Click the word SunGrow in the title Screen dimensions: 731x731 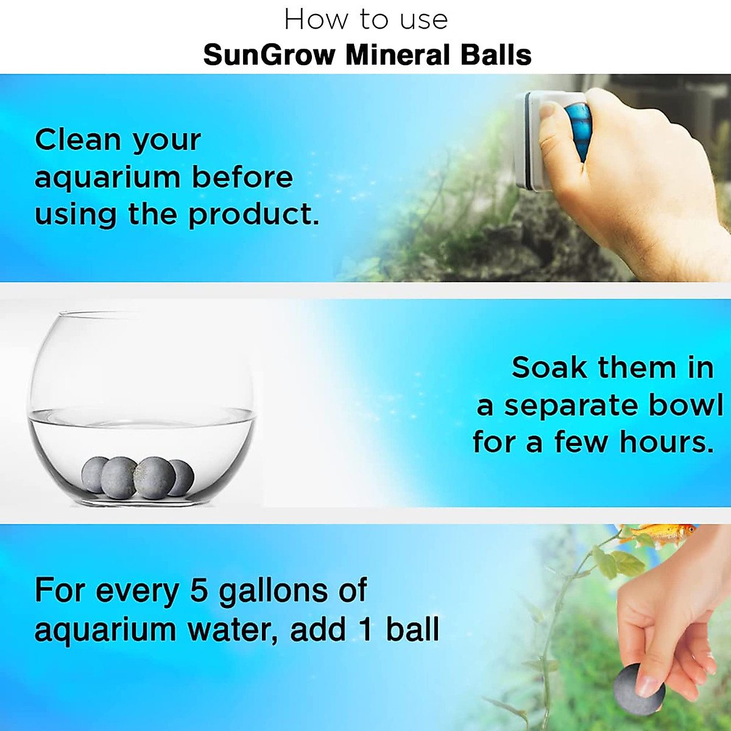click(269, 55)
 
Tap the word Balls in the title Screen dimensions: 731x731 click(496, 55)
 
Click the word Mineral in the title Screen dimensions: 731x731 click(398, 55)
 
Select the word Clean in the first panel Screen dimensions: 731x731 click(78, 139)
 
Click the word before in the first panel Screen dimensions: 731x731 click(242, 177)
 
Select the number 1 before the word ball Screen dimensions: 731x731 click(365, 629)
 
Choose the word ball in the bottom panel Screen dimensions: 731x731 click(412, 629)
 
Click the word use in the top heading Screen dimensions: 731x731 click(424, 20)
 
